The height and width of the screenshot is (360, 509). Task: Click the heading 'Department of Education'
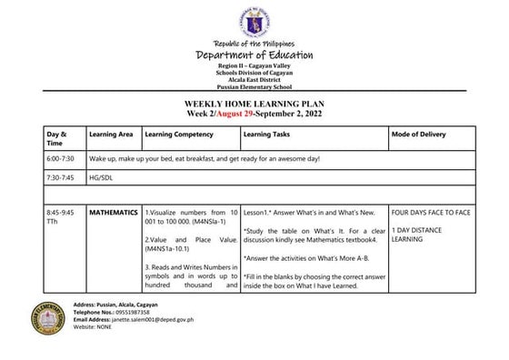coord(254,56)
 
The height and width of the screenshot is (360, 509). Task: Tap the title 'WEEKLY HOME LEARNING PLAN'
coord(254,105)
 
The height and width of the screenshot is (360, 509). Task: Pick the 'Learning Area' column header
coord(111,135)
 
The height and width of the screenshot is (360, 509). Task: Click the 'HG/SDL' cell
coord(100,177)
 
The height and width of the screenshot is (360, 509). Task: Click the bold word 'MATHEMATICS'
coord(114,212)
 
